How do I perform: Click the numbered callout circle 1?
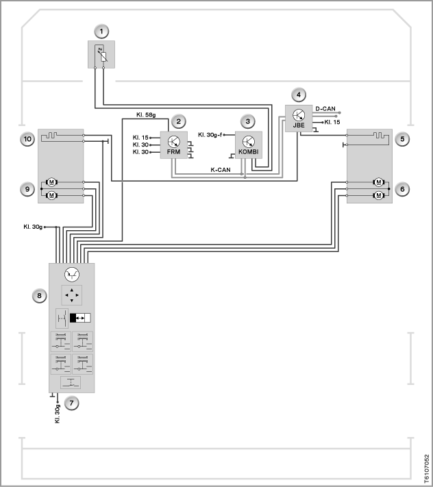[101, 32]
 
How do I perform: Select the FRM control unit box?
[173, 145]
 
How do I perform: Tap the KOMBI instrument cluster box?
[249, 145]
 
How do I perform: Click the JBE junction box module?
[299, 118]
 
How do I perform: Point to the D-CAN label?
[325, 109]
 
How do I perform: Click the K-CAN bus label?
[221, 170]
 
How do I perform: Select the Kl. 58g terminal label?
[146, 115]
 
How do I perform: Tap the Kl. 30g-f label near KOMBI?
[210, 135]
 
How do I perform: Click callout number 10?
[27, 139]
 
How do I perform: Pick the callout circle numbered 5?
[402, 139]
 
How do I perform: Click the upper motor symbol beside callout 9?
[51, 182]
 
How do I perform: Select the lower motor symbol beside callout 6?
[379, 195]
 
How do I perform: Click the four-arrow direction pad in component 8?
[72, 295]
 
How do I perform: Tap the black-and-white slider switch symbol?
[80, 318]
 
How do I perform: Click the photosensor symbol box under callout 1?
[101, 54]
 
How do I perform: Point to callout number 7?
[71, 403]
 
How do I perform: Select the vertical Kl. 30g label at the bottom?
[58, 414]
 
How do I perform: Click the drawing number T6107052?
[426, 469]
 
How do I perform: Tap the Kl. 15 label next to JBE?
[332, 122]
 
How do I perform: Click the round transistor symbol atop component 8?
[72, 275]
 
